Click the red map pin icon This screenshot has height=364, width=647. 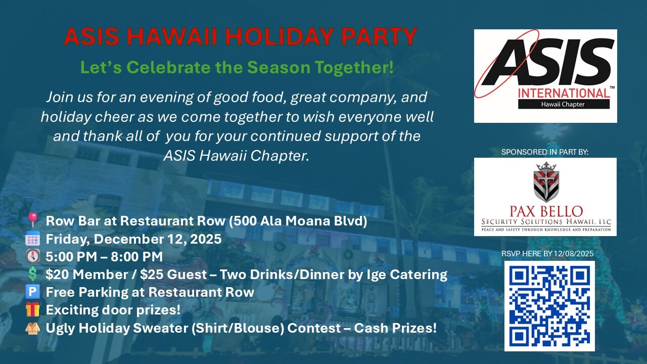[33, 220]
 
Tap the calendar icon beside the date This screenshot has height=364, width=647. [32, 239]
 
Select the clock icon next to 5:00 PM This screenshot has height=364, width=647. [33, 256]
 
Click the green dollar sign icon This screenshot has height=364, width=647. [33, 274]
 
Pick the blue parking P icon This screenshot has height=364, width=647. [32, 292]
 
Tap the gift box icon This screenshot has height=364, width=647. [32, 310]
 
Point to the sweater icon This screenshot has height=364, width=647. [32, 328]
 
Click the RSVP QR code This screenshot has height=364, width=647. [549, 306]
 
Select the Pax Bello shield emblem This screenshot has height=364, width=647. [546, 182]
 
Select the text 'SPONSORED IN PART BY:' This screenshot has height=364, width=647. [545, 152]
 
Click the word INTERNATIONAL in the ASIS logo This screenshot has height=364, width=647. [564, 94]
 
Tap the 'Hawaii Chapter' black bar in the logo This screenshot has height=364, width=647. [564, 104]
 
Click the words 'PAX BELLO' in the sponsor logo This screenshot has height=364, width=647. [546, 211]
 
